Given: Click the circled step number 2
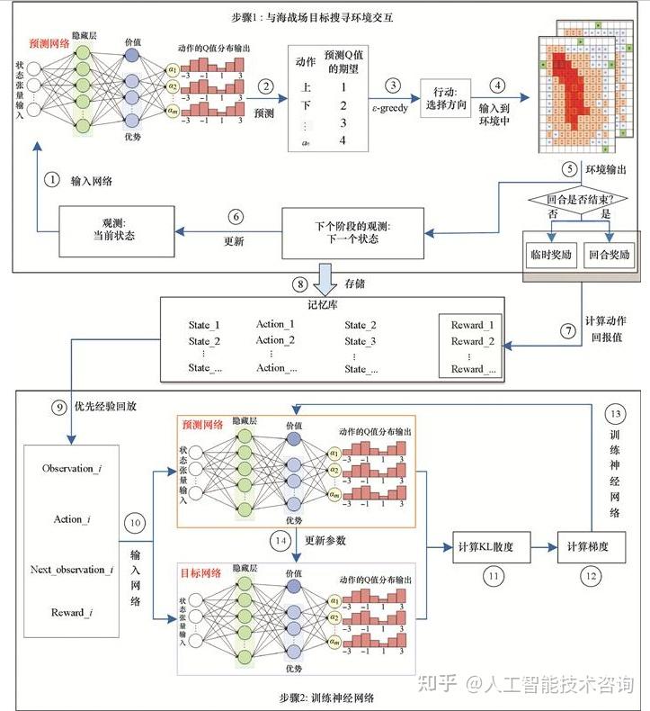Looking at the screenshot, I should pyautogui.click(x=264, y=86).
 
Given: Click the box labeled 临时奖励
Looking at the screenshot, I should pyautogui.click(x=553, y=254).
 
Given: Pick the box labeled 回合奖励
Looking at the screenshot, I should pyautogui.click(x=610, y=254).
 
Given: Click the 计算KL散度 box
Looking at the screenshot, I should pyautogui.click(x=491, y=546).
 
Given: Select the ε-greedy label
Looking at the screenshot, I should pyautogui.click(x=392, y=109).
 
